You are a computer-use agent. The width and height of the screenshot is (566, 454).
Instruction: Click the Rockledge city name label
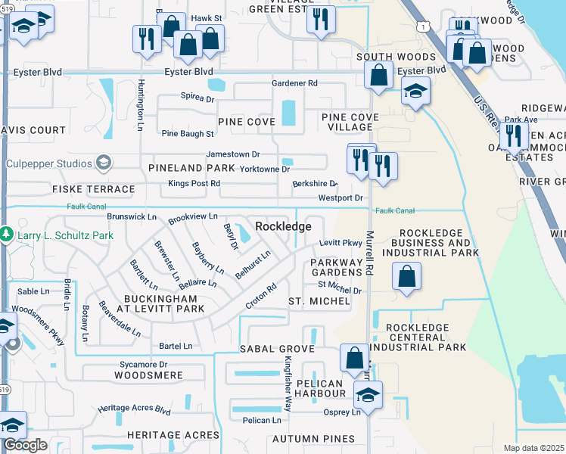coord(283,226)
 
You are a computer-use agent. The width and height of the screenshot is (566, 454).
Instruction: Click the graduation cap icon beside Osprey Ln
coord(368,395)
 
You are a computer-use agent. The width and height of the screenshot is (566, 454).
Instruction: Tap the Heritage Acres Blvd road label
coord(134,409)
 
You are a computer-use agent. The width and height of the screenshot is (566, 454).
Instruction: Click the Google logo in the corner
coord(25,444)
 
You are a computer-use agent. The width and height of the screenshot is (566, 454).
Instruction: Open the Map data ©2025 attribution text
coord(533,448)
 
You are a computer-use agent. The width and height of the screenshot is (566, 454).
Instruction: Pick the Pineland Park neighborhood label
coord(191,166)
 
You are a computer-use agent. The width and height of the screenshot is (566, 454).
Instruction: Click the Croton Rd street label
coord(261,297)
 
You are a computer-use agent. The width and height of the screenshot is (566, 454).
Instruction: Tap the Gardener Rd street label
coord(294,83)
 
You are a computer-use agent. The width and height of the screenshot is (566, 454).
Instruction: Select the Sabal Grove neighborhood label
coord(276,349)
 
